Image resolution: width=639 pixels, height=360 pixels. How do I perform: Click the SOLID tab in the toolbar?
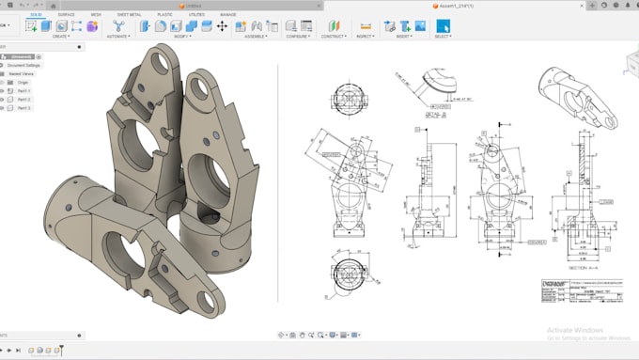[x=35, y=15]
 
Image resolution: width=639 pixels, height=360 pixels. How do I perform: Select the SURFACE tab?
[x=66, y=15]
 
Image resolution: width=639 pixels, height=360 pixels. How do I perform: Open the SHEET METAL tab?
[x=129, y=15]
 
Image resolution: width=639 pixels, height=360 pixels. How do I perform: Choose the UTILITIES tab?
[x=195, y=15]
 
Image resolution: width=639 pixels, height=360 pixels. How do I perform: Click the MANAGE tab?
[x=227, y=15]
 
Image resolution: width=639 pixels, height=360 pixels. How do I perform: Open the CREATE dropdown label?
[x=60, y=37]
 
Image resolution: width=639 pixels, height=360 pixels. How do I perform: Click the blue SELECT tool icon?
[x=443, y=26]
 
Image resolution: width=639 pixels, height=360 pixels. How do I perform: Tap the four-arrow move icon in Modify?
[x=222, y=26]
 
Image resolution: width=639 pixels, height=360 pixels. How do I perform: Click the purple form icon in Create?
[x=91, y=26]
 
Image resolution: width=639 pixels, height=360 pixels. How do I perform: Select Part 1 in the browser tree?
[x=23, y=90]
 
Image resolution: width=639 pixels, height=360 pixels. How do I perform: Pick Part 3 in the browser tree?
[x=23, y=108]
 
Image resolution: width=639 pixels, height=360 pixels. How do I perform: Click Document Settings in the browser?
[x=25, y=65]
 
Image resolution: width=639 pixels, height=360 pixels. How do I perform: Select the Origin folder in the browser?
[x=23, y=82]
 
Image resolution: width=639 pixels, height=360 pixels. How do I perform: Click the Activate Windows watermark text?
[x=573, y=330]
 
